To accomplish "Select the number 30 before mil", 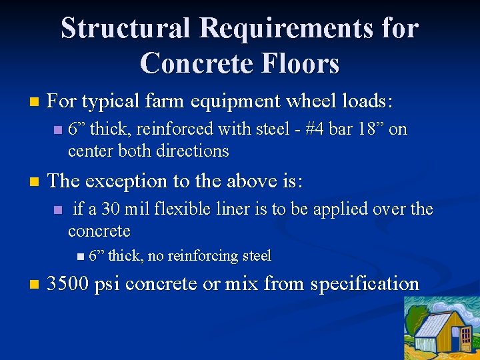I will [111, 209].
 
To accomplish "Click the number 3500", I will [69, 284].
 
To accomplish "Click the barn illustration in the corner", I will [441, 328].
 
